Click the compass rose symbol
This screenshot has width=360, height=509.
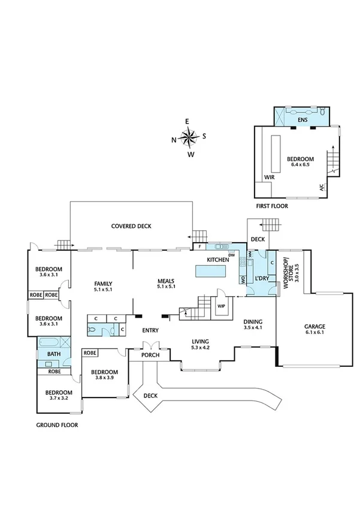pyautogui.click(x=189, y=138)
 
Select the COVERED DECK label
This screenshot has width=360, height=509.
pyautogui.click(x=131, y=226)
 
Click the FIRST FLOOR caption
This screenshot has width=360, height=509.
pyautogui.click(x=272, y=206)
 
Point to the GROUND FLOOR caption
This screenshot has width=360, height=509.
pyautogui.click(x=58, y=424)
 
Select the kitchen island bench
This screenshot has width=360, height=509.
pyautogui.click(x=212, y=272)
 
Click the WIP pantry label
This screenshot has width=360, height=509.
pyautogui.click(x=222, y=306)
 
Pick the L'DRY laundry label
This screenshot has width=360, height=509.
pyautogui.click(x=261, y=279)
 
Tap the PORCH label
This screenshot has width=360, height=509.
pyautogui.click(x=150, y=354)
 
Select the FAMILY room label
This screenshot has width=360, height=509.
pyautogui.click(x=103, y=284)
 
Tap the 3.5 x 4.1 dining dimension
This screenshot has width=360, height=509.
pyautogui.click(x=253, y=327)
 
